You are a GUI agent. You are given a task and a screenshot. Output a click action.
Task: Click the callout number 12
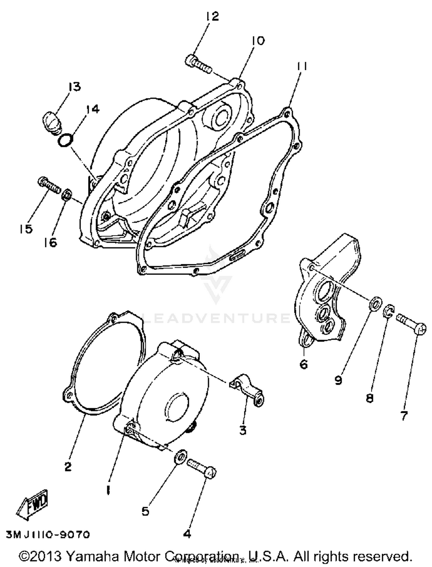point(213,16)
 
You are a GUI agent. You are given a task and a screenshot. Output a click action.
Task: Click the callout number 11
point(302,67)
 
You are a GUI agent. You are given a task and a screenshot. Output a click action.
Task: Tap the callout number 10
point(258,41)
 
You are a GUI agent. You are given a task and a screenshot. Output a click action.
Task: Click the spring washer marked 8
point(389,311)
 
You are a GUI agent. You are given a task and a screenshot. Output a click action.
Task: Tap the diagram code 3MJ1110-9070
point(48,535)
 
